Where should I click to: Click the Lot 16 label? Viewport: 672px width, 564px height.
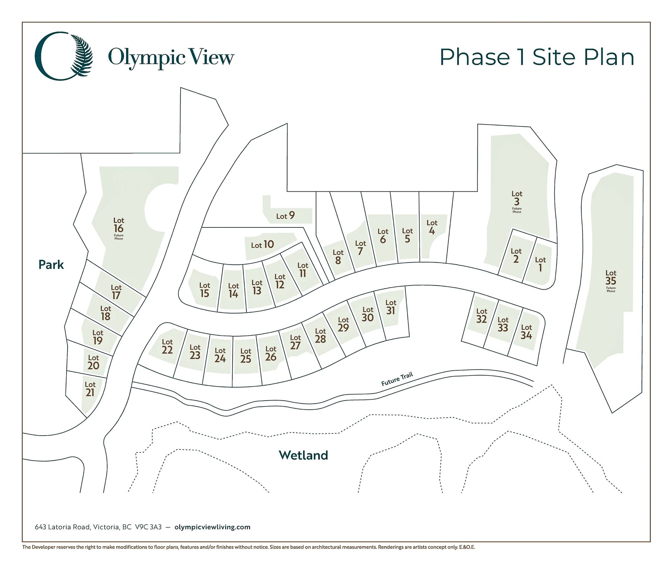click(x=119, y=226)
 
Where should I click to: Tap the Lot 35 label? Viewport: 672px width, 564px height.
click(x=611, y=278)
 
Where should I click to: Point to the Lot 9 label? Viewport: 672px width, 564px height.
click(x=286, y=216)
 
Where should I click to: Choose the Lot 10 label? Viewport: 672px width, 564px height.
click(x=262, y=245)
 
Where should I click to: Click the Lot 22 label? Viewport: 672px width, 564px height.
click(x=167, y=346)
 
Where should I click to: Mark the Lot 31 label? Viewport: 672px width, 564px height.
click(x=391, y=307)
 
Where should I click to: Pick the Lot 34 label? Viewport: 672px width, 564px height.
click(x=526, y=332)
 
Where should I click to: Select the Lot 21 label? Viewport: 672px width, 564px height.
click(x=90, y=389)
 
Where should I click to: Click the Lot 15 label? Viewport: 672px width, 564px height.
click(x=205, y=290)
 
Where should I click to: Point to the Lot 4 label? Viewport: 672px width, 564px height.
click(x=432, y=227)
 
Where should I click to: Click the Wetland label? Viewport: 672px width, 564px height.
click(x=303, y=455)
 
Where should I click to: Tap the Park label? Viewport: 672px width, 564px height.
click(x=51, y=265)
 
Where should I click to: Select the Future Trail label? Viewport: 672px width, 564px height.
click(x=397, y=379)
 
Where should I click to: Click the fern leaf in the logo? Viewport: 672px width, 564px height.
click(x=82, y=55)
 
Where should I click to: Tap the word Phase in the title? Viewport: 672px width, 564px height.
click(x=475, y=57)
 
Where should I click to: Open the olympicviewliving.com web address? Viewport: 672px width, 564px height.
click(x=212, y=527)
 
